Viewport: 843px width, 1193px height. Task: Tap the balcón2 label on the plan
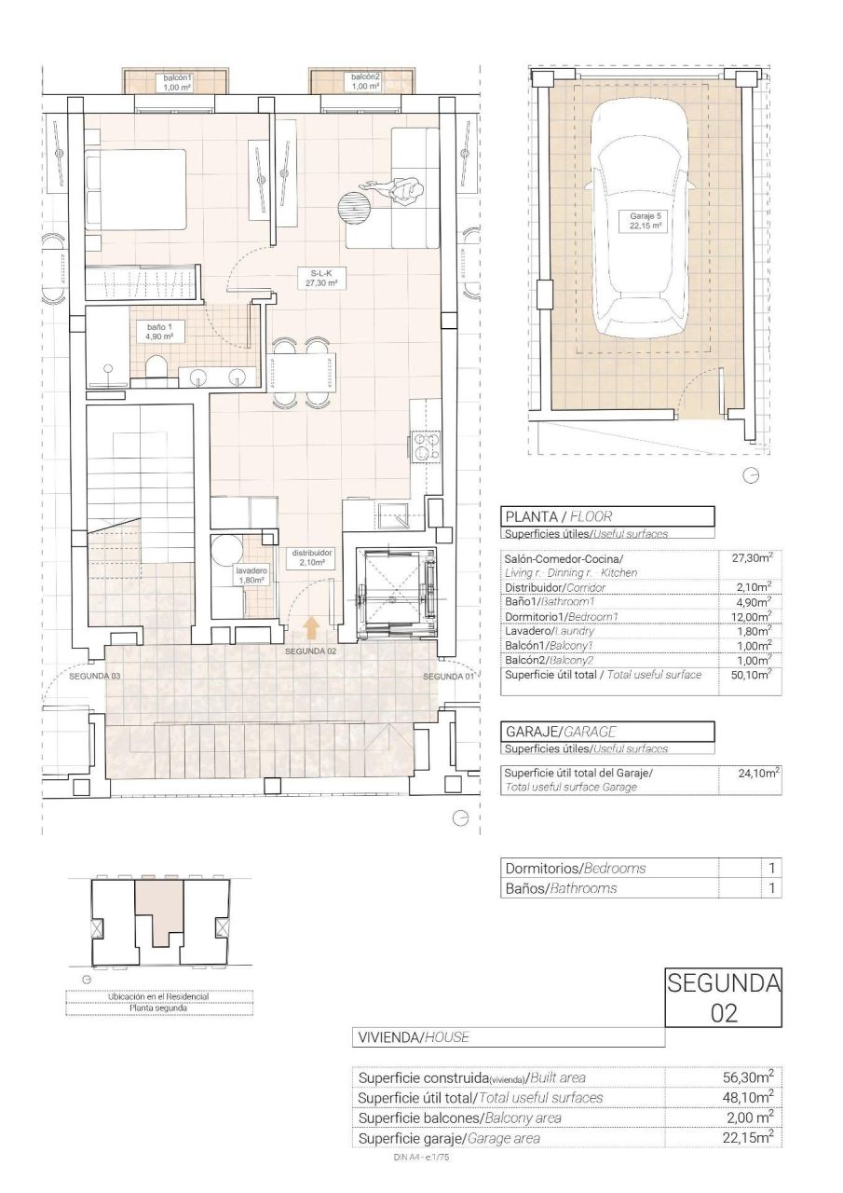click(366, 81)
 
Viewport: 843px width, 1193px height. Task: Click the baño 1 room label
click(159, 332)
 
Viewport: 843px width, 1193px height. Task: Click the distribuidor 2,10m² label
click(312, 557)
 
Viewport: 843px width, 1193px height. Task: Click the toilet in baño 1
click(157, 369)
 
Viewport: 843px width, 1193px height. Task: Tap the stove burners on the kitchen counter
click(426, 448)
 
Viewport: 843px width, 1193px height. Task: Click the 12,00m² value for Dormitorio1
click(750, 616)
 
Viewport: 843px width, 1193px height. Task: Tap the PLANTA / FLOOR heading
click(557, 515)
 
